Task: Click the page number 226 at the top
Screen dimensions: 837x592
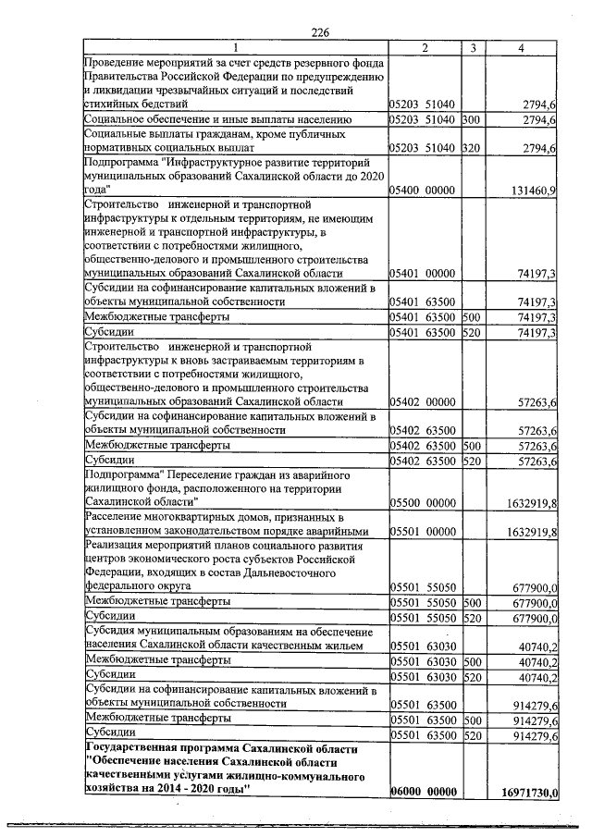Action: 320,33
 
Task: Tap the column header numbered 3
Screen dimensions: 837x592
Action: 472,48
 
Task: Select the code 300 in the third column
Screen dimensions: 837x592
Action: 471,120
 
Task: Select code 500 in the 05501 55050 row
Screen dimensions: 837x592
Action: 471,602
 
